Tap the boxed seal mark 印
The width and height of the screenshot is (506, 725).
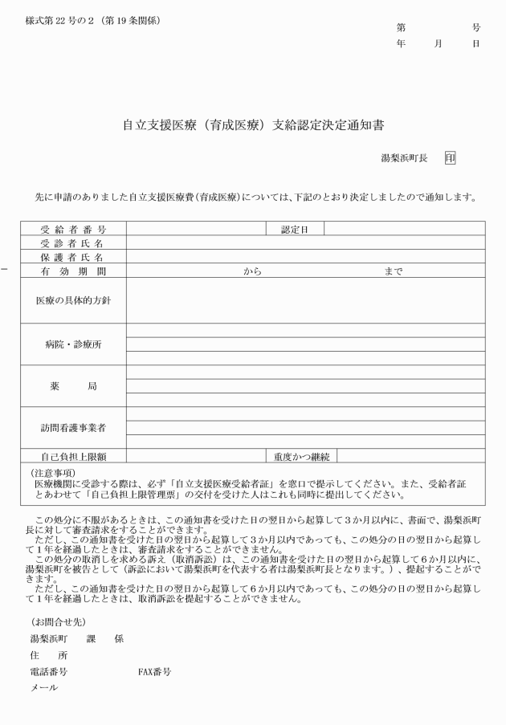click(450, 158)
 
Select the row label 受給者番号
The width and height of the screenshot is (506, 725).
click(73, 229)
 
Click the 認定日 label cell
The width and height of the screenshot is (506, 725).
click(295, 229)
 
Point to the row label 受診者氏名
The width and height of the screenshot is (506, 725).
click(73, 242)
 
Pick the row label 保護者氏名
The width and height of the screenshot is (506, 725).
click(73, 257)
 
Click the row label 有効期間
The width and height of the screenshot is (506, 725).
click(73, 271)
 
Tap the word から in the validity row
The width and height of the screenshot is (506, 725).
click(253, 271)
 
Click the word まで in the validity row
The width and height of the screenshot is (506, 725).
click(394, 271)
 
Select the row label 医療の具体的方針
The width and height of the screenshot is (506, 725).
click(73, 299)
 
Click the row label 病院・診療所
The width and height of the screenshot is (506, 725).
click(73, 344)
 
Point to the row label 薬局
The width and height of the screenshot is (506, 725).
click(73, 386)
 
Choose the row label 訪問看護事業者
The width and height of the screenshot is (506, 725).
click(73, 428)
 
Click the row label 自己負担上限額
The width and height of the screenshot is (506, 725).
click(73, 456)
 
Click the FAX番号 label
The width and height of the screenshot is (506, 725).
click(155, 671)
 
